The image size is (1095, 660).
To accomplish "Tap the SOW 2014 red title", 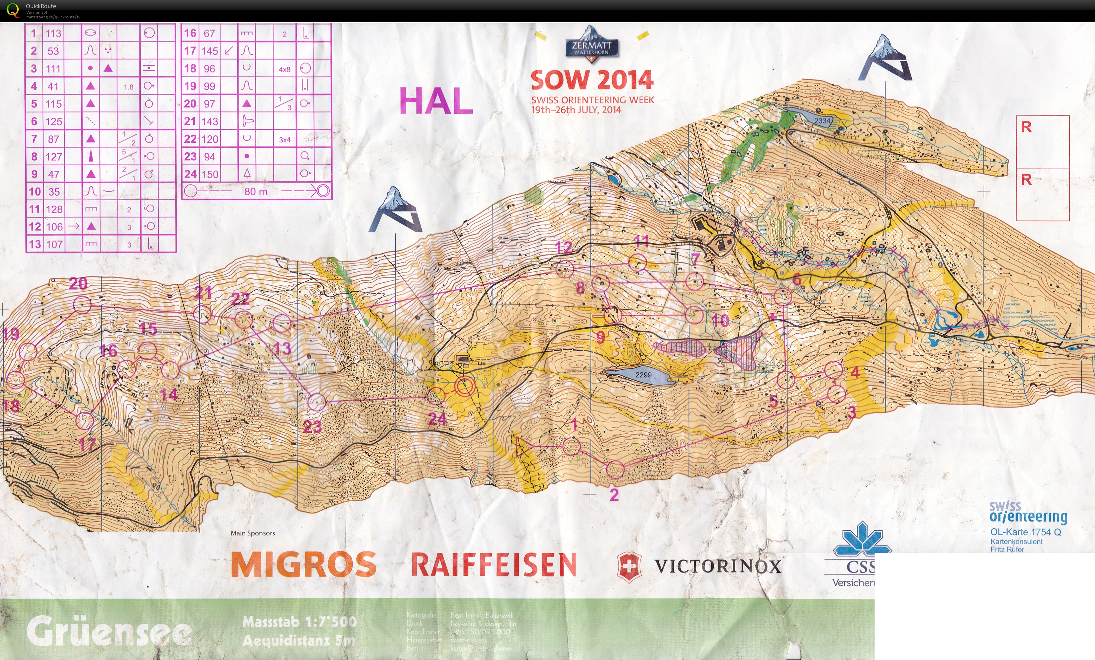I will pos(592,81).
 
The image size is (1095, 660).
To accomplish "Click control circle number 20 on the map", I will pos(82,305).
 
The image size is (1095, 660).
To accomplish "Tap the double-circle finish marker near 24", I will pos(465,386).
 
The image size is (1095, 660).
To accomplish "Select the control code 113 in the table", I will pos(53,33).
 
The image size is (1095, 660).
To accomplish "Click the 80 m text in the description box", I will pos(256,192).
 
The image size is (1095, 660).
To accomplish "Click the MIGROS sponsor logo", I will pos(303,565).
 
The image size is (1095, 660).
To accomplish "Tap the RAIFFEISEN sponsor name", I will pos(493,565).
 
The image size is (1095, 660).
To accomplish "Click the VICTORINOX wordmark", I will pos(717,566).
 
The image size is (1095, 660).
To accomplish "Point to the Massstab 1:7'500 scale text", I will pos(299,622).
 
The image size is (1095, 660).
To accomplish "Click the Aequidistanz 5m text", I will pos(299,640).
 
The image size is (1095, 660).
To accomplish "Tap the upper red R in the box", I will pos(1026,127).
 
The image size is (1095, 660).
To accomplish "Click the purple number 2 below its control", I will pos(614,495).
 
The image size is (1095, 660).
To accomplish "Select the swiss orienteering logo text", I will pos(1027,512).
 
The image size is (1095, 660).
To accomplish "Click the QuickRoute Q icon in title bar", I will pos(12,10).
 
